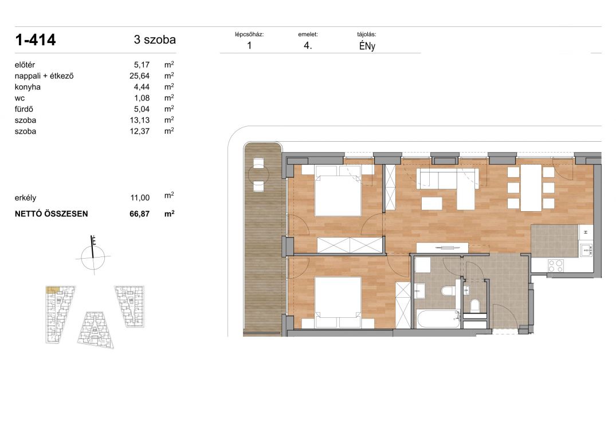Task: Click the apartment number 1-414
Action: click(x=36, y=40)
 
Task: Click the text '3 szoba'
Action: click(x=155, y=40)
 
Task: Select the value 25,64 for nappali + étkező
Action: click(x=139, y=76)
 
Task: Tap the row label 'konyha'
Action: click(x=28, y=87)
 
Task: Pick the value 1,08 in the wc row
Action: click(x=142, y=98)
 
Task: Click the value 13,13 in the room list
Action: click(x=139, y=120)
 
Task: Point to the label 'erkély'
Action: click(x=25, y=198)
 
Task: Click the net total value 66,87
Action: click(x=139, y=214)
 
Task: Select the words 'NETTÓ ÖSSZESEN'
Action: click(x=51, y=214)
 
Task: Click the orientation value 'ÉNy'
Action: click(x=367, y=46)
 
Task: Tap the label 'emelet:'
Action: click(x=308, y=34)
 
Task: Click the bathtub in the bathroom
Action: click(x=438, y=319)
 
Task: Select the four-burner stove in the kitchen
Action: click(x=556, y=266)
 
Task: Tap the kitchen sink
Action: click(x=586, y=250)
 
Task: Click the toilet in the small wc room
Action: click(x=474, y=305)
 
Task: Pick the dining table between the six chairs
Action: click(x=531, y=188)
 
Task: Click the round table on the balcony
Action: click(x=258, y=174)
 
